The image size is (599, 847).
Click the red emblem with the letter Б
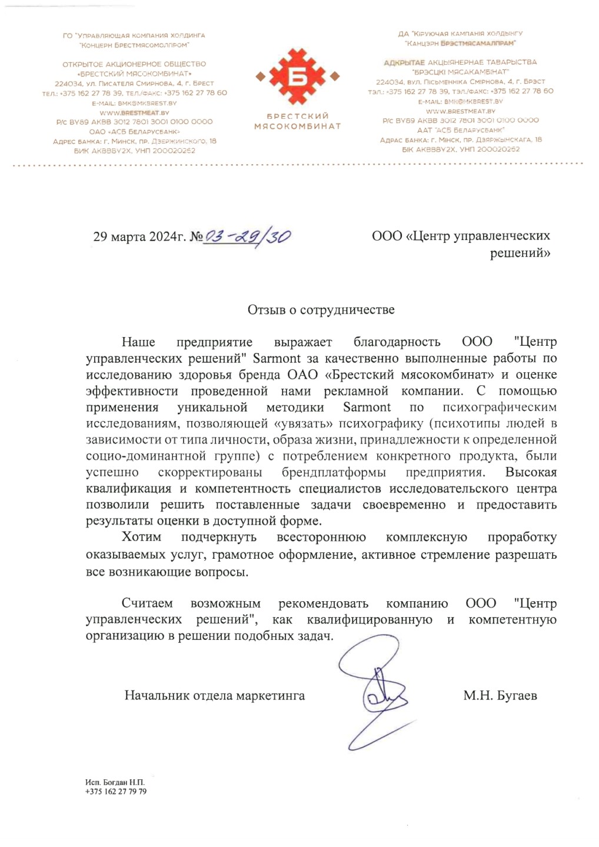297,76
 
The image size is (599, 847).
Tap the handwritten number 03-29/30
247,236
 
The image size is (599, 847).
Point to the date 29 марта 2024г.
139,237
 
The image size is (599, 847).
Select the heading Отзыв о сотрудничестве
321,310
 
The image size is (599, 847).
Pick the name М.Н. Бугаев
500,696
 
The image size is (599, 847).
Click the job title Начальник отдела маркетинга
214,696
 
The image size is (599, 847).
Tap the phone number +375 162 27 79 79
116,792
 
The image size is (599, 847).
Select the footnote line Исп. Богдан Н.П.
115,782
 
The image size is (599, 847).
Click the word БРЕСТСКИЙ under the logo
297,116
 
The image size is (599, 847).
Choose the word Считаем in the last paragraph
147,603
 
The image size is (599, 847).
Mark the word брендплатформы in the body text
334,472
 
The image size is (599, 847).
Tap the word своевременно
404,505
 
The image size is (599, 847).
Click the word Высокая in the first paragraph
531,472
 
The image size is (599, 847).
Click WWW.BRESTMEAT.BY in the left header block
134,112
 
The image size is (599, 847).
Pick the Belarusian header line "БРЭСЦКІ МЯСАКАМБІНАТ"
457,72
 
